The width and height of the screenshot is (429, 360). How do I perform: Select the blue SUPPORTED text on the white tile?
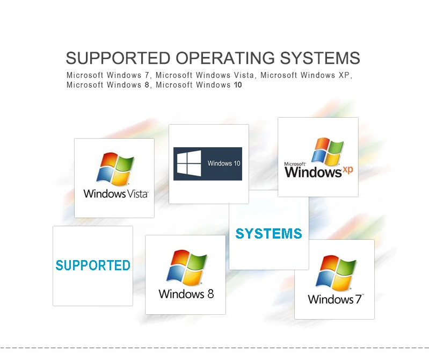click(93, 265)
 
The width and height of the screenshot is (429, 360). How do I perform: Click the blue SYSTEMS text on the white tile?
click(268, 234)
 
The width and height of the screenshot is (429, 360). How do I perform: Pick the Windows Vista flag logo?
click(115, 169)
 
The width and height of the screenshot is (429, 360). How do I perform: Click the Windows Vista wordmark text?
click(115, 194)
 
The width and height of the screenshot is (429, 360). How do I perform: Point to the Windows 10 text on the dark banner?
click(224, 163)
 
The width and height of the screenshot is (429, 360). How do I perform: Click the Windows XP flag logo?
click(327, 152)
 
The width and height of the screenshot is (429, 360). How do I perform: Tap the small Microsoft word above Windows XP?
click(295, 163)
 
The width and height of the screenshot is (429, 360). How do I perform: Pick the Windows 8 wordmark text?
click(186, 294)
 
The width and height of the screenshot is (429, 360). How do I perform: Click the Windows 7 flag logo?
click(335, 273)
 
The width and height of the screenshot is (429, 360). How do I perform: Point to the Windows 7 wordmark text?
click(335, 299)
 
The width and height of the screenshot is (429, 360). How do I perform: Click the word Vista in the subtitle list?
click(244, 75)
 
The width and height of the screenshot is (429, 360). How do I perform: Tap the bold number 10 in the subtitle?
click(237, 85)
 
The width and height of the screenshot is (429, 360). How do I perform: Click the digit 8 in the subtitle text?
click(147, 85)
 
